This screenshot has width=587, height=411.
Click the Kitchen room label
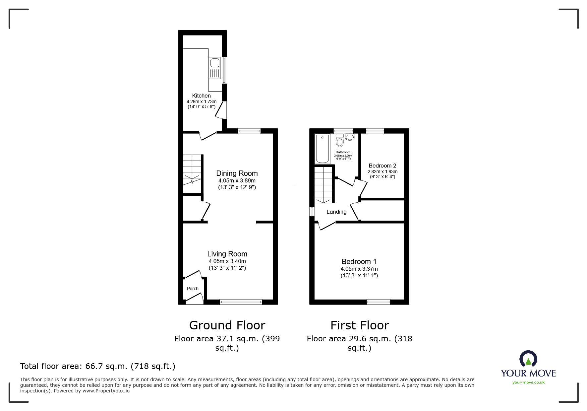pyautogui.click(x=201, y=96)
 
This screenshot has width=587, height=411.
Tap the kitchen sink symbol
pyautogui.click(x=215, y=68)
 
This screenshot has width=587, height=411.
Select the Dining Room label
pyautogui.click(x=237, y=173)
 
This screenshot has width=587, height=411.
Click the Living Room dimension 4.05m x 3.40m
pyautogui.click(x=227, y=261)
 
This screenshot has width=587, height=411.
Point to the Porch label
pyautogui.click(x=193, y=289)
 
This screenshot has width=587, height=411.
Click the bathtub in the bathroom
pyautogui.click(x=322, y=149)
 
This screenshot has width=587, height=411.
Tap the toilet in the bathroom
pyautogui.click(x=339, y=141)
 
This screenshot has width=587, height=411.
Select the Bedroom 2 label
pyautogui.click(x=382, y=166)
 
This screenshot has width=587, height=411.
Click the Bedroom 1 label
pyautogui.click(x=359, y=261)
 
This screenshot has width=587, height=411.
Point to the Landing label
pyautogui.click(x=336, y=212)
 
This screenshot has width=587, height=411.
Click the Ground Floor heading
pyautogui.click(x=227, y=325)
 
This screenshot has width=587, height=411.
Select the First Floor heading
pyautogui.click(x=359, y=325)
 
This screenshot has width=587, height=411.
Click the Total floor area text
pyautogui.click(x=98, y=366)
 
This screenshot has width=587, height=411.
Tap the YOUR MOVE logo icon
pyautogui.click(x=528, y=359)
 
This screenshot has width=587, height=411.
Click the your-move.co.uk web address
pyautogui.click(x=528, y=382)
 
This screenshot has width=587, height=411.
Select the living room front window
pyautogui.click(x=241, y=302)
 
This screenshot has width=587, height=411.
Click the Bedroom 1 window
pyautogui.click(x=378, y=302)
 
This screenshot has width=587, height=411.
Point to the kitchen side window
pyautogui.click(x=224, y=70)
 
